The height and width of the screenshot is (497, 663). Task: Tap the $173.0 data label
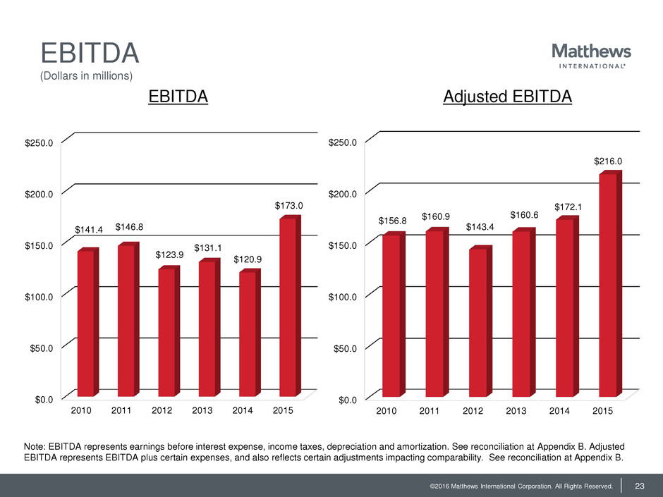288,206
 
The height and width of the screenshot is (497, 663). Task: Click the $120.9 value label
248,260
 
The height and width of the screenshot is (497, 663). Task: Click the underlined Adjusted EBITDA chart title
507,98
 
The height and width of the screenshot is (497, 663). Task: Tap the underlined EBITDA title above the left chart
178,98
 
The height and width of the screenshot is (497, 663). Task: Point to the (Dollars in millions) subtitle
86,75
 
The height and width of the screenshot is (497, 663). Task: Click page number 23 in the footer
640,484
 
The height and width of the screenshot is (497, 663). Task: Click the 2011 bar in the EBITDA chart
126,321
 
